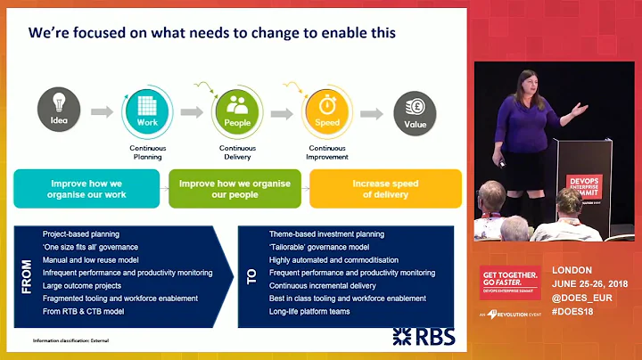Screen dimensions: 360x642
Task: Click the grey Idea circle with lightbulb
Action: point(60,112)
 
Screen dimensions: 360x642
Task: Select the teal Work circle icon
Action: point(146,112)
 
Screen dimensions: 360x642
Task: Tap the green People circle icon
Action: point(236,112)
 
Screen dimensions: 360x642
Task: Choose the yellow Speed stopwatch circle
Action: point(325,112)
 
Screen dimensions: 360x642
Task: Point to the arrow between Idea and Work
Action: point(103,113)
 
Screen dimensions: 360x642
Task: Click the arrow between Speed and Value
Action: point(371,113)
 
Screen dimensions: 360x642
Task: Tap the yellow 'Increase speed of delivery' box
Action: point(384,188)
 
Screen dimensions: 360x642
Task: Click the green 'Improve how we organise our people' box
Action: point(235,188)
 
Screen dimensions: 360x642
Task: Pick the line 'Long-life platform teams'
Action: point(309,311)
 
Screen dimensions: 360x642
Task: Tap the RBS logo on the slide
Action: point(424,336)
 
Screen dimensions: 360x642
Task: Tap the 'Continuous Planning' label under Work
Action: point(147,152)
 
